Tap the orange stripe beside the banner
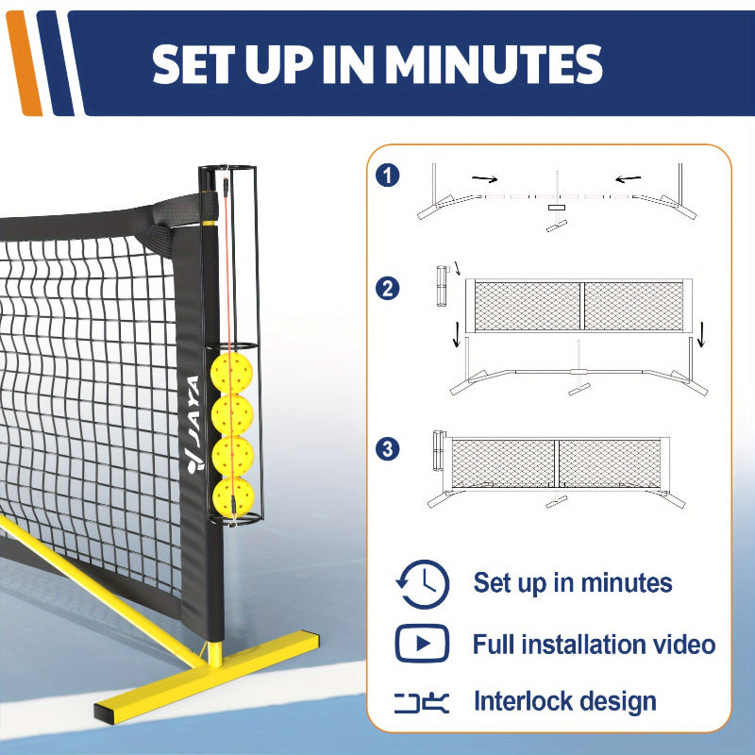[x=25, y=63]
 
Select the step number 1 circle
[x=388, y=176]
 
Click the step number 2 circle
[x=388, y=289]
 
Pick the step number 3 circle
[x=388, y=449]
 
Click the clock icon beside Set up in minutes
[x=423, y=584]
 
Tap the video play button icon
[x=422, y=644]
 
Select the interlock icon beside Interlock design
[x=422, y=703]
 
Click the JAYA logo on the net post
[x=193, y=425]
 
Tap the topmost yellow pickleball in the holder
[x=231, y=373]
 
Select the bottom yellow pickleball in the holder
[x=233, y=498]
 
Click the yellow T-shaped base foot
[x=207, y=676]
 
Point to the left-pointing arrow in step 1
[x=628, y=179]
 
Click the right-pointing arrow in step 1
[x=485, y=179]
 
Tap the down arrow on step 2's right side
[x=701, y=334]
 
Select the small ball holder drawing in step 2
[x=442, y=286]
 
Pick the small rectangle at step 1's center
[x=556, y=208]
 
